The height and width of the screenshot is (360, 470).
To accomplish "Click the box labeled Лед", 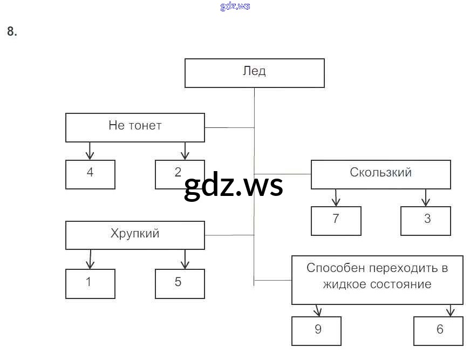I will [254, 73].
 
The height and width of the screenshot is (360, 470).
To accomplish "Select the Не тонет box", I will [135, 127].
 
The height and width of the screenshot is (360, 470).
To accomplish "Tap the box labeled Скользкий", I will [380, 174].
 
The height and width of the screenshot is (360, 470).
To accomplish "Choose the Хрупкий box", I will [135, 235].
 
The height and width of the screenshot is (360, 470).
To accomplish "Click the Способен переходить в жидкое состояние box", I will [377, 280].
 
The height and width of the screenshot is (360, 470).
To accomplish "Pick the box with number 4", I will [90, 174].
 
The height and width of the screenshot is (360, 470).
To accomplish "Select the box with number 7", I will [336, 221].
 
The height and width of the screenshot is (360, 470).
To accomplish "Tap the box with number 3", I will [425, 221].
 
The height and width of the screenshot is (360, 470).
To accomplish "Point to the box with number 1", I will [90, 283].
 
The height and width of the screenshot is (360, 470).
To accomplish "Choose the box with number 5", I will [180, 283].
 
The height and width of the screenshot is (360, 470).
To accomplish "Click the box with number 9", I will [317, 330].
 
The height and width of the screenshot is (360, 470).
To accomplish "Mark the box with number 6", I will [438, 330].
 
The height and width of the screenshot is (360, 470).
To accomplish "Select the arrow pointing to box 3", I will [426, 198].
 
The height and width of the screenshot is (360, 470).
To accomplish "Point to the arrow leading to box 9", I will [317, 310].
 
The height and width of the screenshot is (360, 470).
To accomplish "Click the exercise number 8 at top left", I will [12, 32].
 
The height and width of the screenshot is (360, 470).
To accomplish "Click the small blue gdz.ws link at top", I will [235, 6].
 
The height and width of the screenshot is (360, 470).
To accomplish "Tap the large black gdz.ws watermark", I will [233, 187].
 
